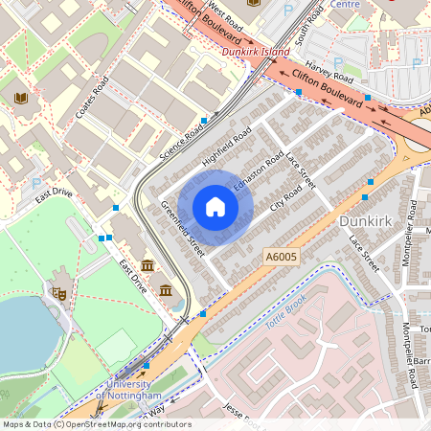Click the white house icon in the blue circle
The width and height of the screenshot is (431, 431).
pyautogui.click(x=215, y=207)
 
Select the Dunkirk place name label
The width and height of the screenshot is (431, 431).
pyautogui.click(x=366, y=221)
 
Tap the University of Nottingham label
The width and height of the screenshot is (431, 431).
pyautogui.click(x=128, y=390)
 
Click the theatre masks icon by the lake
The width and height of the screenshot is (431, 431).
pyautogui.click(x=58, y=294)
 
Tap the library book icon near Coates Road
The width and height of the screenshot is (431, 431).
pyautogui.click(x=21, y=98)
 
